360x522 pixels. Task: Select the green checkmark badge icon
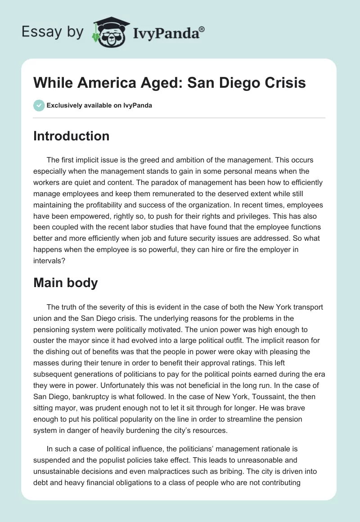39,106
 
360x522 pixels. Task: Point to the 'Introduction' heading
71,136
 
